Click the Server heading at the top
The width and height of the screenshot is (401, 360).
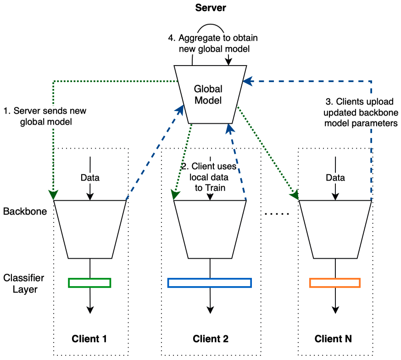pos(211,8)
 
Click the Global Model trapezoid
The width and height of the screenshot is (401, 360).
pos(208,94)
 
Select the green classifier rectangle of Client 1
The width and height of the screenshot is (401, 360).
pos(89,282)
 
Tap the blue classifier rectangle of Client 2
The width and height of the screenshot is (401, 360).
pos(210,282)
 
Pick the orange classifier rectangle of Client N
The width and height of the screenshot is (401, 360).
pos(335,282)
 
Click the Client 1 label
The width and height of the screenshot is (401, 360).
pos(89,339)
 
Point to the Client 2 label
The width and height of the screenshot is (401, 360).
pos(210,339)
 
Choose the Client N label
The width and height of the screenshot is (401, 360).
pos(334,339)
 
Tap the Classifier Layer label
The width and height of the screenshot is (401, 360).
pos(23,283)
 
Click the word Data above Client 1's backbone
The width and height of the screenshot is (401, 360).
pos(89,177)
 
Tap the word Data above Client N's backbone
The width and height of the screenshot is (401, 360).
pos(335,177)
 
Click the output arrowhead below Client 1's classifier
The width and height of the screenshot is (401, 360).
pos(90,310)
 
